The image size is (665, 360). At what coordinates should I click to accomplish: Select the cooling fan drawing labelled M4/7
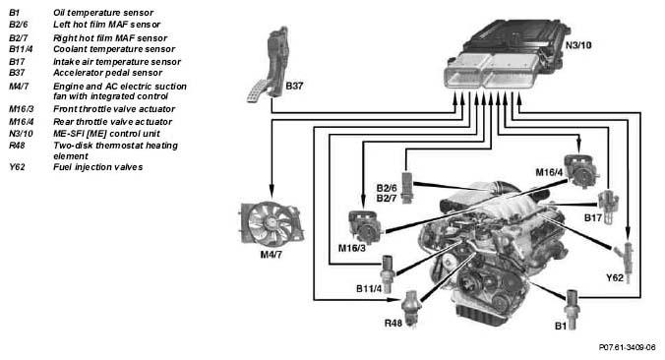(272, 223)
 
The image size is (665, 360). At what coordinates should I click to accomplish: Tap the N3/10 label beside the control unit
(578, 45)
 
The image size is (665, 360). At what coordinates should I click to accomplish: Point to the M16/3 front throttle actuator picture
(365, 226)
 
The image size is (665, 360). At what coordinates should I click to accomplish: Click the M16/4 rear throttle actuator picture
(580, 170)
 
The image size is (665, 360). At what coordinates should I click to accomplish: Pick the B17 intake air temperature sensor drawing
(608, 207)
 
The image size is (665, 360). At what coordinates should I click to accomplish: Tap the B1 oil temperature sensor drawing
(572, 310)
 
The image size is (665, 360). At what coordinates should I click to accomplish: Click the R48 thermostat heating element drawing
(411, 308)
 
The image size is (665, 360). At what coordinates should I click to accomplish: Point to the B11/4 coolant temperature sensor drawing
(388, 273)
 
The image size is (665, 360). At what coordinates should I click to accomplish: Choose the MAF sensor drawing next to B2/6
(406, 188)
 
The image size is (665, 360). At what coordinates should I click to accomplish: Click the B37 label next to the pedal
(294, 87)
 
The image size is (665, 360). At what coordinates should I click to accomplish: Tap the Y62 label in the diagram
(615, 278)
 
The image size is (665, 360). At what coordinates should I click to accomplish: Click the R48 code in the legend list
(17, 146)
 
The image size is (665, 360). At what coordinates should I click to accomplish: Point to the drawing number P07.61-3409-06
(627, 347)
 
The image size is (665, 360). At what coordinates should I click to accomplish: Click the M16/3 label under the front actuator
(351, 248)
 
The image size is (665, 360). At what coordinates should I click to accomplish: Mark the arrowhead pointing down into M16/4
(579, 147)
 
